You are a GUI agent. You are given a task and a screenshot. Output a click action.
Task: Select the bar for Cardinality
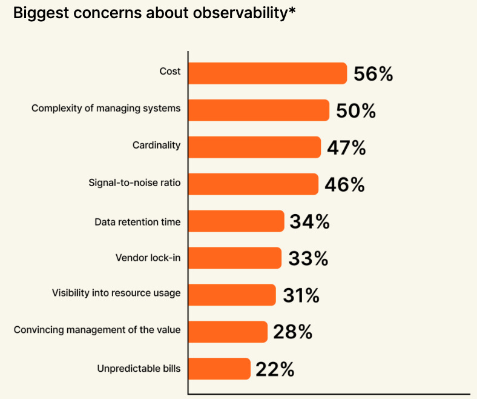coord(254,147)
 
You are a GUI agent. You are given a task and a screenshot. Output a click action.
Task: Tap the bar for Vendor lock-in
coord(235,258)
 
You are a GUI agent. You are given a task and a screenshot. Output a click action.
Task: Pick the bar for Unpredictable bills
coord(219,369)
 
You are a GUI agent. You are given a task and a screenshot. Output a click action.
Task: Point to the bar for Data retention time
coord(236,221)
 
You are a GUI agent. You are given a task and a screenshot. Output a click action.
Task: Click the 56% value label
coord(373,74)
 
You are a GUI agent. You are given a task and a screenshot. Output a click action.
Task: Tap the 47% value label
coord(346,148)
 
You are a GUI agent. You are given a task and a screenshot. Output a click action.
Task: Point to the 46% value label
coord(344,185)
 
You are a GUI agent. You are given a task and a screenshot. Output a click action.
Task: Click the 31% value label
coord(301,295)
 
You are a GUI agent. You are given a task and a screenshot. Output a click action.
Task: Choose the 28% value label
coord(292,332)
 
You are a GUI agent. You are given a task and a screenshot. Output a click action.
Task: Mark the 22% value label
coord(275,369)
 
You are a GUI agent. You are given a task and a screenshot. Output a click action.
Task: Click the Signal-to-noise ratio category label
coord(134,182)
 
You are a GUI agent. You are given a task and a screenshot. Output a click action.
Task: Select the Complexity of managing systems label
coord(106,109)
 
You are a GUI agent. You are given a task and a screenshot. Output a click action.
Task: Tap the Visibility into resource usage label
coord(116,293)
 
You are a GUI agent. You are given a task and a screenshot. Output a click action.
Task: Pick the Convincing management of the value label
coord(97,330)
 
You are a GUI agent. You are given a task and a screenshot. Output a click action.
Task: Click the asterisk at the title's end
coord(292,12)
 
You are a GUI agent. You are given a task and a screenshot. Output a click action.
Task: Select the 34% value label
coord(309,221)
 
